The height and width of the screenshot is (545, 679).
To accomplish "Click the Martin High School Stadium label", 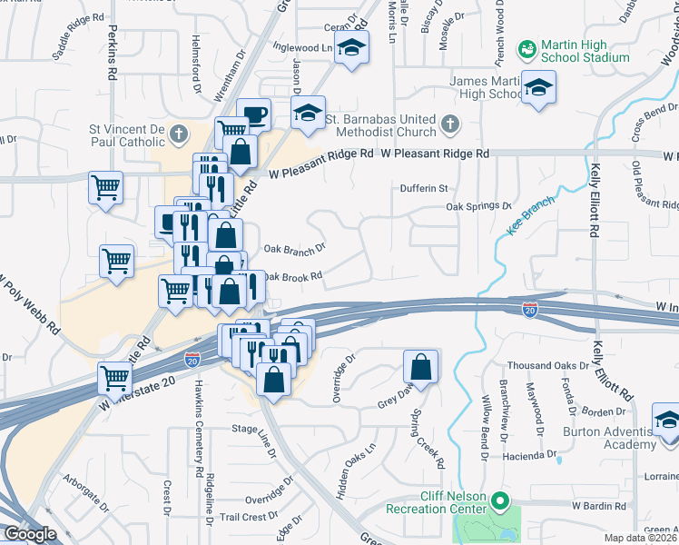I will click(x=585, y=52).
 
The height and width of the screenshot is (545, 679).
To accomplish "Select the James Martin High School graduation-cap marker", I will click(x=539, y=88).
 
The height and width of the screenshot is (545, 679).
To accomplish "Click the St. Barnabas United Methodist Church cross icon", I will click(x=448, y=123).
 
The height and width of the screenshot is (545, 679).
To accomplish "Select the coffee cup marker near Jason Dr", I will click(x=254, y=114).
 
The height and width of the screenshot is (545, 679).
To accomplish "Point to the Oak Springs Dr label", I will click(x=479, y=206).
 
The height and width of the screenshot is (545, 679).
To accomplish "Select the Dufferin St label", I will click(x=425, y=189).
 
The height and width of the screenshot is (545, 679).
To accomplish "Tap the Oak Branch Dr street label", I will click(x=294, y=248).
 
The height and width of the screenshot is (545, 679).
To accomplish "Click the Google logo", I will click(x=31, y=535).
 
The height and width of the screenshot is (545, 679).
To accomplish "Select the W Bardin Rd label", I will click(x=600, y=504).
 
